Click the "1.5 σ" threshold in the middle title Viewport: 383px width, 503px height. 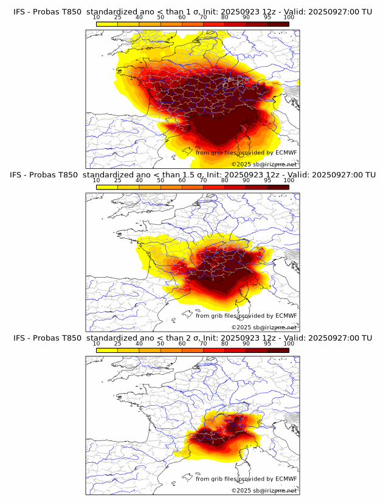(x=191, y=175)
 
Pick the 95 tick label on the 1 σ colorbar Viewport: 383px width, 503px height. (x=267, y=17)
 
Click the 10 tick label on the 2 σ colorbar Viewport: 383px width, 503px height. (x=97, y=343)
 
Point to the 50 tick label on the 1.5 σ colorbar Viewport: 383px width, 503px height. (x=160, y=180)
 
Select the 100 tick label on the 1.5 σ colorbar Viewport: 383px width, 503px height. (x=289, y=180)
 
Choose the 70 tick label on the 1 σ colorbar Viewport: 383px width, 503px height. (x=203, y=17)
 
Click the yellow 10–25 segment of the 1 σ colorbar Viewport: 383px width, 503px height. (x=107, y=24)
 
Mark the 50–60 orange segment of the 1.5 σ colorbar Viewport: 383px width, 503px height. (x=171, y=187)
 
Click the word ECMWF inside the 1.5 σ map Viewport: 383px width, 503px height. (x=286, y=315)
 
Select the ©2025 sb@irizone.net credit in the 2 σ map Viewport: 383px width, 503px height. (x=264, y=490)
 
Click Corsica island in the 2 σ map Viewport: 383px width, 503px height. (x=236, y=463)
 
